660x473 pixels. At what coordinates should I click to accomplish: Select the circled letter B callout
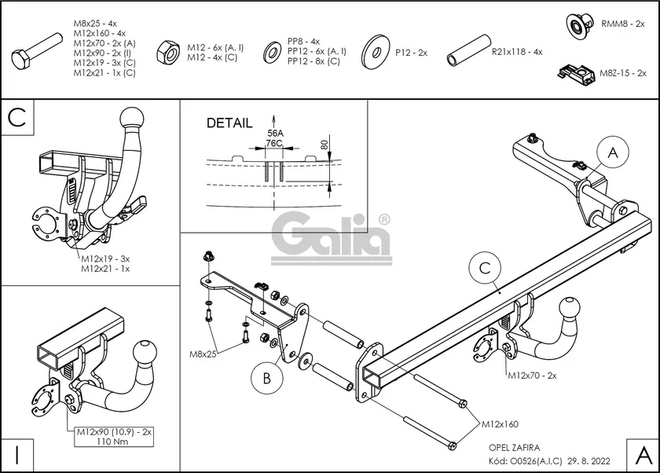266,379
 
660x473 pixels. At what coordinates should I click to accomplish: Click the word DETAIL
229,123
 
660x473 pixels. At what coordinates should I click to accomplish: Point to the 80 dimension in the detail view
324,144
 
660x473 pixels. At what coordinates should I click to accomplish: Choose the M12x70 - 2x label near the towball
531,376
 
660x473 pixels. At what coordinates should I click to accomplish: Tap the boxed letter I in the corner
16,456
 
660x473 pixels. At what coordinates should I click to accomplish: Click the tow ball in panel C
130,119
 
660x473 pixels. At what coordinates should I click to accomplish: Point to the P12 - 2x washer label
411,52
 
